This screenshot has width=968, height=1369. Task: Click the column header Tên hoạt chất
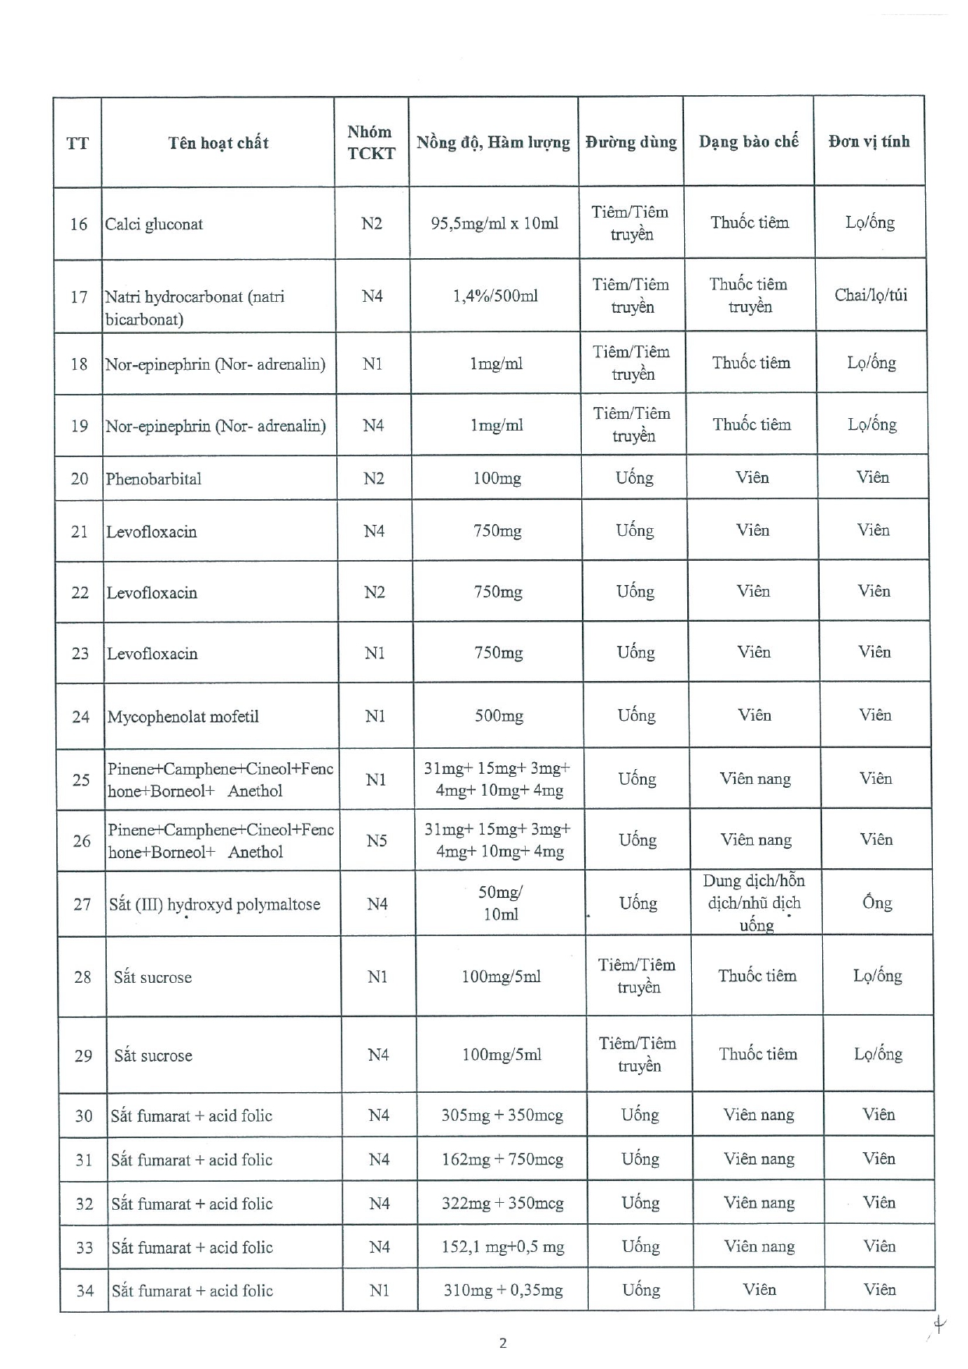[218, 143]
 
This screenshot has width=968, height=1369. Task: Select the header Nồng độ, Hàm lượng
[493, 143]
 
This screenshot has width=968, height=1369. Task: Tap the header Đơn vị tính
[869, 142]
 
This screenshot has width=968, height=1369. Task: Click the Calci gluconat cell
[154, 225]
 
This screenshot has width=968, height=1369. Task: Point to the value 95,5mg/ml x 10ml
[495, 224]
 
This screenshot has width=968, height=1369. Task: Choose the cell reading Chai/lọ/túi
[870, 296]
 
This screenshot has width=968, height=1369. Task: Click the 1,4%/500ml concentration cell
[495, 296]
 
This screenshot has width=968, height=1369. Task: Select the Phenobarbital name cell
[154, 479]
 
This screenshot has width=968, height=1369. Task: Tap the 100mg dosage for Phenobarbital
[497, 478]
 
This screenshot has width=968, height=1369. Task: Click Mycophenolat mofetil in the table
[183, 717]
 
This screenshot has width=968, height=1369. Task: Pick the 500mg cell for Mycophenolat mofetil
[499, 716]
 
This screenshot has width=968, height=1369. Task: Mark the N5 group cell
[377, 841]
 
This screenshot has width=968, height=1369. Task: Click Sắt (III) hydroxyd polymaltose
[215, 905]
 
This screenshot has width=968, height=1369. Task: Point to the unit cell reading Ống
[877, 903]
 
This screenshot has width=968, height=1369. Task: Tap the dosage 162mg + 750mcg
[502, 1160]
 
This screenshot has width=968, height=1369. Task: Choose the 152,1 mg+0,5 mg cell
[502, 1247]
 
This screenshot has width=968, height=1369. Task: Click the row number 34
[85, 1291]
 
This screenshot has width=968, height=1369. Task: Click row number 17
[79, 297]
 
